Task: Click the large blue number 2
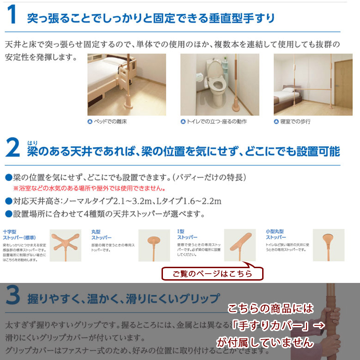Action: pos(13,148)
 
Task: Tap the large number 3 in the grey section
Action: pos(13,295)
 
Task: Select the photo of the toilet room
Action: pos(219,84)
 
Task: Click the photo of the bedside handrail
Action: pos(126,84)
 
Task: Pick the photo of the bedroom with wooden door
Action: pos(312,84)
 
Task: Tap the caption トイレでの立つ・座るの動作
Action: pos(214,122)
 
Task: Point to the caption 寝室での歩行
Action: pos(295,122)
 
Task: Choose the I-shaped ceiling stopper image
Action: pos(240,245)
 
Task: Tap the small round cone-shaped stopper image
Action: pos(329,245)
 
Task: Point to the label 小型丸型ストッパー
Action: pos(276,234)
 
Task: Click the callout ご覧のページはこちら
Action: pos(212,274)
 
